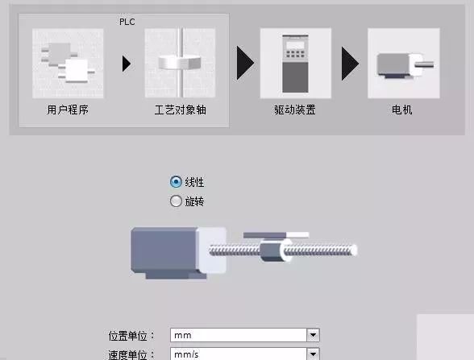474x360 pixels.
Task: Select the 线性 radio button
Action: click(177, 182)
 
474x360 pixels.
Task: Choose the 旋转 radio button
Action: click(177, 201)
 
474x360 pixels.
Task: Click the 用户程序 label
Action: click(68, 110)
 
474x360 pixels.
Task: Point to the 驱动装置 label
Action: click(293, 110)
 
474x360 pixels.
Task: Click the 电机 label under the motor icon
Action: click(401, 110)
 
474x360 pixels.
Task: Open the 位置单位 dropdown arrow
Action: click(314, 335)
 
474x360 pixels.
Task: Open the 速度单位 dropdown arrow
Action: click(314, 354)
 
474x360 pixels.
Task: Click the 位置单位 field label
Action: click(134, 335)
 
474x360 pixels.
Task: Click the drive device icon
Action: click(295, 64)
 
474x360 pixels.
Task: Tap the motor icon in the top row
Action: click(402, 64)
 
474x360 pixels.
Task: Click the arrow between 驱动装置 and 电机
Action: click(350, 64)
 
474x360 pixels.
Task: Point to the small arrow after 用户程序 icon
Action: click(126, 64)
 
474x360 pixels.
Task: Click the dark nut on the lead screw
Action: click(270, 250)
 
